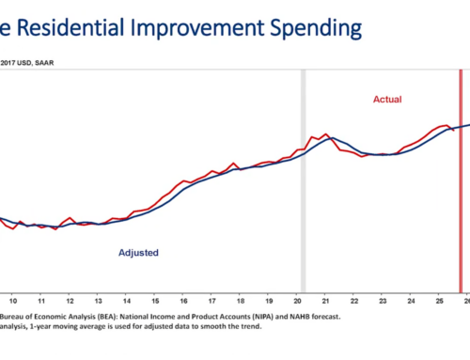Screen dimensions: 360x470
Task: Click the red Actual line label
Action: (388, 99)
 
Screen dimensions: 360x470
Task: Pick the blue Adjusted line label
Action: (138, 253)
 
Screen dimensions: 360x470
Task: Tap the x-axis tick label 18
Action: (243, 301)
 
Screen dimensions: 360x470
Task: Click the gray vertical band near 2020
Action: (303, 188)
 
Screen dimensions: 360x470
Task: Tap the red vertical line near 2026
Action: (461, 188)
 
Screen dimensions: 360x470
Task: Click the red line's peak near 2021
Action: (325, 134)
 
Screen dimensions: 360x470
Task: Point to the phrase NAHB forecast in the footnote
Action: (316, 317)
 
